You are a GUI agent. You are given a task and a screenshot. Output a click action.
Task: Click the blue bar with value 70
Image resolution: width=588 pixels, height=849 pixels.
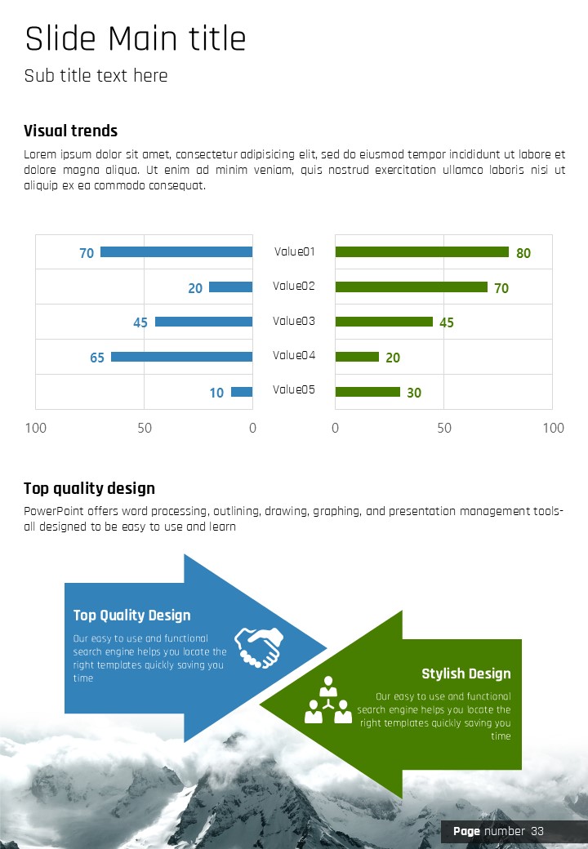coord(176,252)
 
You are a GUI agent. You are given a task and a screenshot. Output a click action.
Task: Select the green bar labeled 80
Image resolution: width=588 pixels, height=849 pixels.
coord(421,252)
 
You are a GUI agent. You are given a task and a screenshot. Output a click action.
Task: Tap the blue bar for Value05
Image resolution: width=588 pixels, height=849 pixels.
coord(242,392)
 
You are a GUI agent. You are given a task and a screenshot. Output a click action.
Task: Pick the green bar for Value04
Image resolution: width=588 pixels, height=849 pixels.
coord(357,357)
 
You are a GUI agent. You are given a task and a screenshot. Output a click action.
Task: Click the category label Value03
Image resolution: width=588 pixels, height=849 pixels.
coord(294,321)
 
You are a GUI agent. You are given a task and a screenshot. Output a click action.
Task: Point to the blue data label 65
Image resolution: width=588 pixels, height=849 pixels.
coord(97,358)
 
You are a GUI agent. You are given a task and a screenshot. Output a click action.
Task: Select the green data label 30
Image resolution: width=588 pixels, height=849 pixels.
coord(414,393)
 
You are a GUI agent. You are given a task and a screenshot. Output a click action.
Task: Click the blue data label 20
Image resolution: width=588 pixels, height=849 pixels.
coord(195,288)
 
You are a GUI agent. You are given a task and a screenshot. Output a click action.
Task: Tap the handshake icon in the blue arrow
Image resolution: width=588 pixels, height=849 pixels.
coord(259,647)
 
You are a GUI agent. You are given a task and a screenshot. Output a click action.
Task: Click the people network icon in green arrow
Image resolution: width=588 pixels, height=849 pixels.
coord(328,700)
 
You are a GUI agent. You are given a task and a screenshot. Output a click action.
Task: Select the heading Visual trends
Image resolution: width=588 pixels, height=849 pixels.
coord(70,131)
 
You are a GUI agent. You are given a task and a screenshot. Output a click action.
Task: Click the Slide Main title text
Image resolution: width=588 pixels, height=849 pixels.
coord(135,38)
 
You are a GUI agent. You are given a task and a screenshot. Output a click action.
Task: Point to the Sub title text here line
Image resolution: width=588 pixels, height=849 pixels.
coord(96,76)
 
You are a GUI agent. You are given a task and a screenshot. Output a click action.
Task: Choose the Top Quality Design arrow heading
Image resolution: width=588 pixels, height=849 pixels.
coord(131,616)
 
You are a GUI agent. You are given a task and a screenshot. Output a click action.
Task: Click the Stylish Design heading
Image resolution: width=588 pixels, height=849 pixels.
coord(465,673)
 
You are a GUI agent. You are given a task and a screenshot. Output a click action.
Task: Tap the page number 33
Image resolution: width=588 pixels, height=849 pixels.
coord(537,831)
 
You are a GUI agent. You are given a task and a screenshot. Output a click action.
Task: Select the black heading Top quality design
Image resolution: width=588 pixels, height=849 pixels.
coord(89,488)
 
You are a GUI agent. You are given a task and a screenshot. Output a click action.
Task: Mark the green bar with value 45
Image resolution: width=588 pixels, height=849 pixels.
coord(384,322)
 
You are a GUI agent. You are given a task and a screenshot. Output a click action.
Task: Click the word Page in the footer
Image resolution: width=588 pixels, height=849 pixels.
coord(466,831)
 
